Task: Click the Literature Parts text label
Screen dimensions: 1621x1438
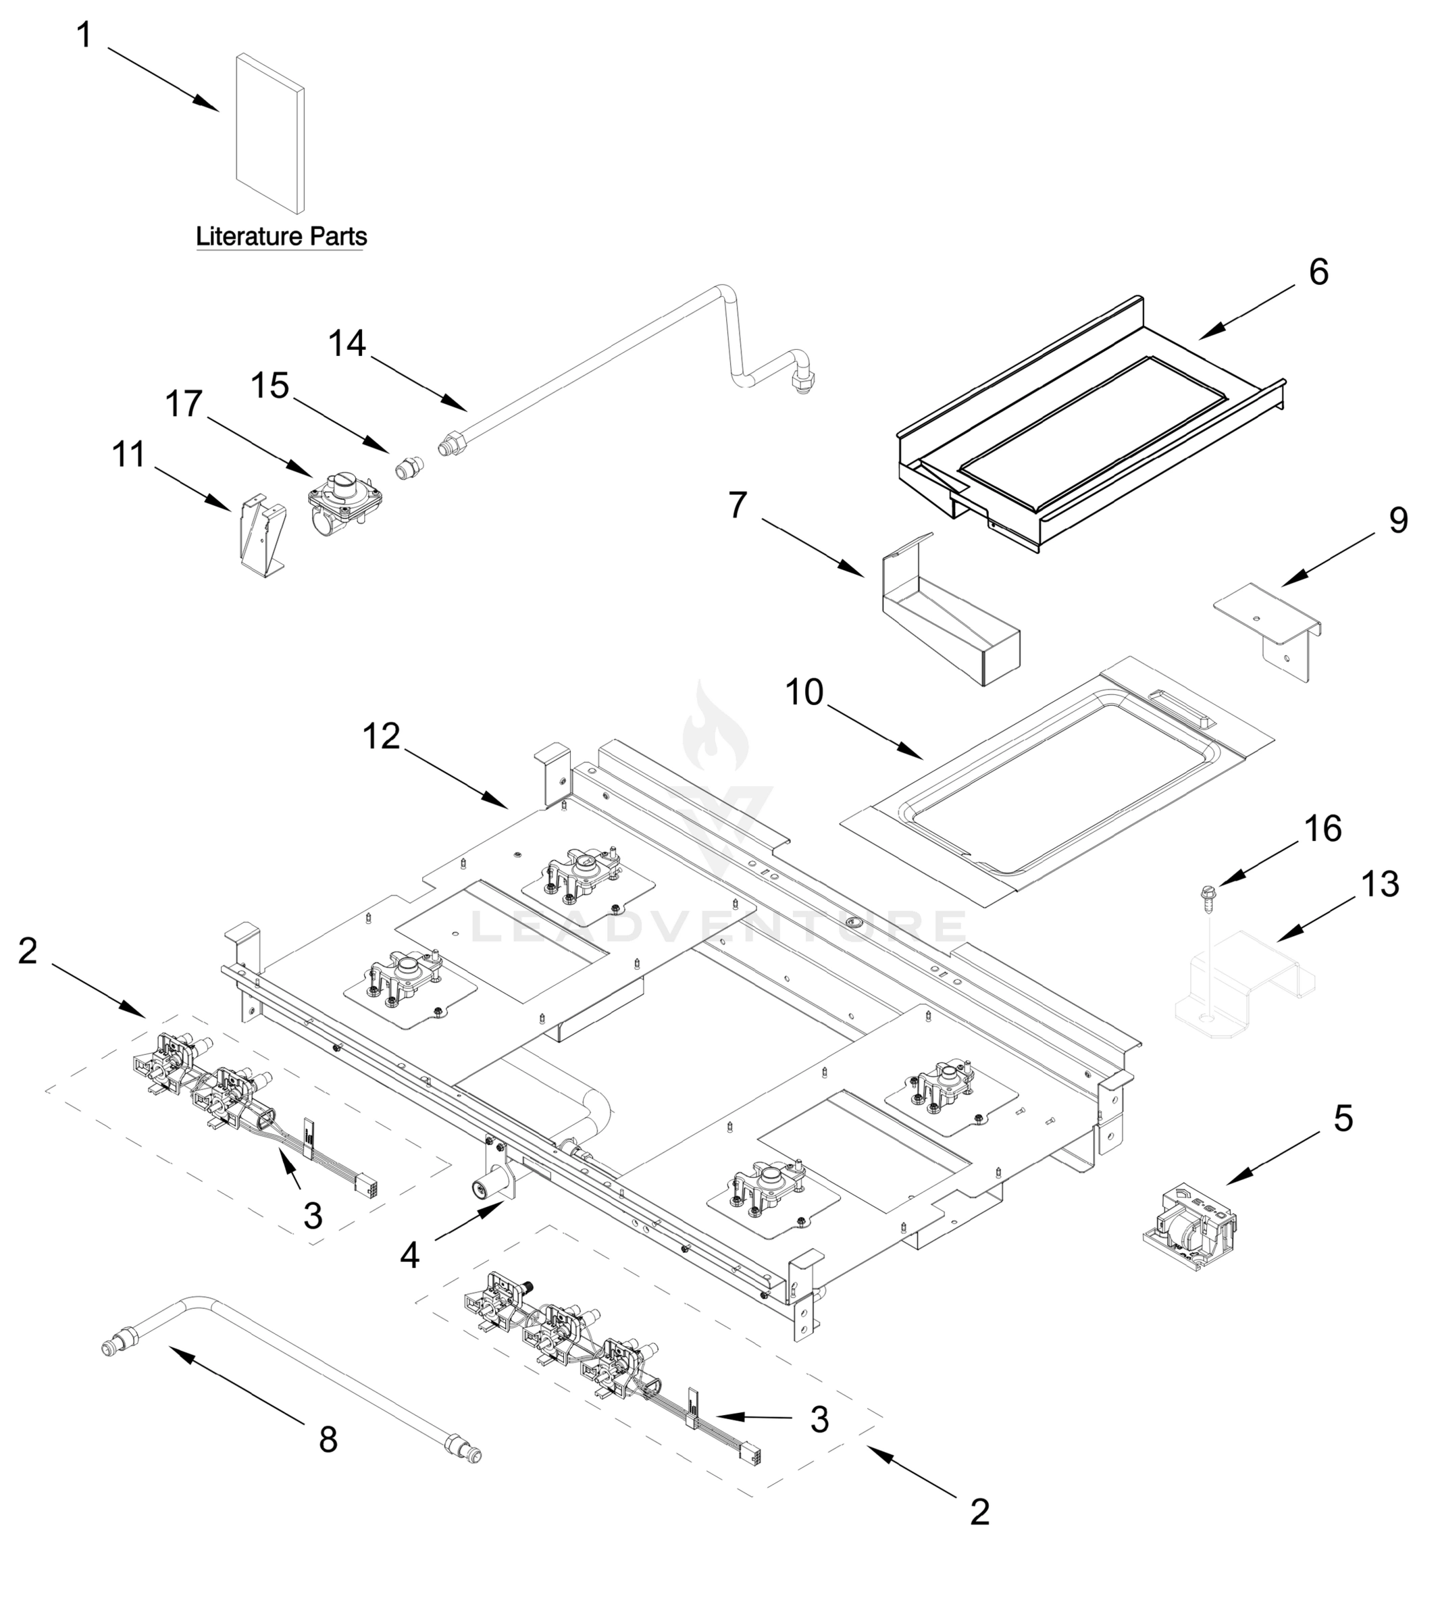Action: pos(281,236)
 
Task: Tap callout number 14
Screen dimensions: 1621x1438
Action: pos(347,343)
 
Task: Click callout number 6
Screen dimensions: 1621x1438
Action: pos(1318,272)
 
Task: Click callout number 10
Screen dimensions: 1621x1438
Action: pos(804,692)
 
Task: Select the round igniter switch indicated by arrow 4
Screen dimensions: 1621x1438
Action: pos(482,1187)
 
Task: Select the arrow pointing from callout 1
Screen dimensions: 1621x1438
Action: pos(163,78)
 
